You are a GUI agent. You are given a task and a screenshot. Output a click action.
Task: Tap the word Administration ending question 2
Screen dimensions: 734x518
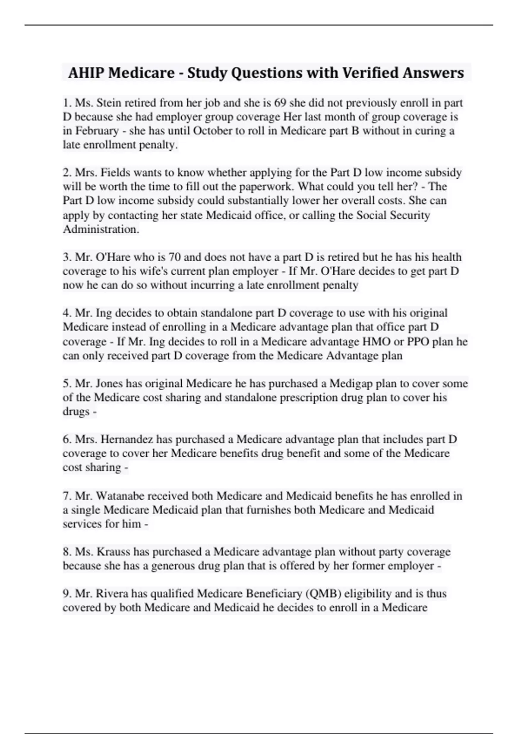pyautogui.click(x=101, y=229)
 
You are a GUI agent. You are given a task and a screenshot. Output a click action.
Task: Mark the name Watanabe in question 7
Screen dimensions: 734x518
pyautogui.click(x=121, y=496)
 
